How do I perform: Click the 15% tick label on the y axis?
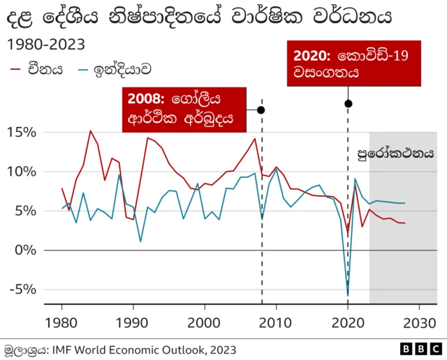[22, 133]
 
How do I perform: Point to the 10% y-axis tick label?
[22, 172]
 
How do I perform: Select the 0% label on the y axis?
[27, 250]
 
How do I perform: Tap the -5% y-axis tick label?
[24, 289]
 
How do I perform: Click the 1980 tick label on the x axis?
[61, 323]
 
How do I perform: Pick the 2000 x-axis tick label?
[205, 323]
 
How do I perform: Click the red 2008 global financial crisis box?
[185, 110]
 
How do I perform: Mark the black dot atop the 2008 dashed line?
[261, 110]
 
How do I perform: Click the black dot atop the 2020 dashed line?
[348, 104]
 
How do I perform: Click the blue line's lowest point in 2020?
[348, 294]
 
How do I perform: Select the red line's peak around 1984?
[90, 130]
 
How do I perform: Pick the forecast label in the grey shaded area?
[395, 151]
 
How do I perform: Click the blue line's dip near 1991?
[140, 241]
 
